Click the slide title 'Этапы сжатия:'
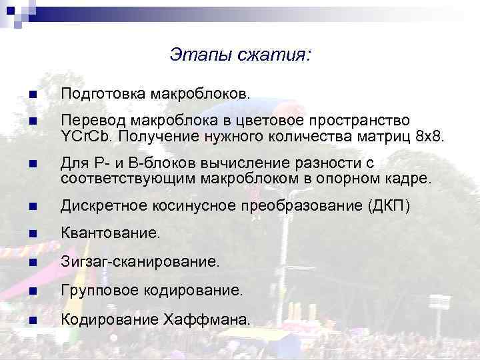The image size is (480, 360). click(x=239, y=53)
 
